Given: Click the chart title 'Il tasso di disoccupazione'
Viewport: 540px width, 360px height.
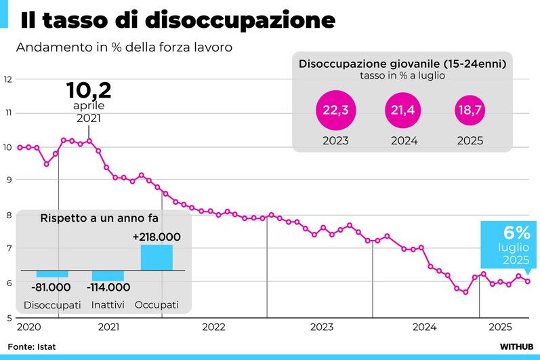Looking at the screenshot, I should (178, 20).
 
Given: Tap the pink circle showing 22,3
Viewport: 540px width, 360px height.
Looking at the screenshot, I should (335, 111).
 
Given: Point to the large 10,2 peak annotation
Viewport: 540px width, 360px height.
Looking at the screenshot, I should (88, 90).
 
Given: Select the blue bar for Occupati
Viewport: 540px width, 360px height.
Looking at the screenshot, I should (157, 258).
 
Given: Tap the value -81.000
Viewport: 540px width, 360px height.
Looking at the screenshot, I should (51, 287).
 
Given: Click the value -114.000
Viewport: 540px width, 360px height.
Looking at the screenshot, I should (108, 287).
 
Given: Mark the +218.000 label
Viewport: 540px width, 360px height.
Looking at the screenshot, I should (157, 237).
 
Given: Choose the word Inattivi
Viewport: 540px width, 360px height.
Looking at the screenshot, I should (108, 305).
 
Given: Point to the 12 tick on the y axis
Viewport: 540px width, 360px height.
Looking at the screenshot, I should (9, 79).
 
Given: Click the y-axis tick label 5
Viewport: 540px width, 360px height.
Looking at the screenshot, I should (7, 317).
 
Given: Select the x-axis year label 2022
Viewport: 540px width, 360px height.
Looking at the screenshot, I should (214, 327).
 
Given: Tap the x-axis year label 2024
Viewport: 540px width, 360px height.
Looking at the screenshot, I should (425, 327).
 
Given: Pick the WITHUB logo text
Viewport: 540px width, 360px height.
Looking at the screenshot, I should (517, 346).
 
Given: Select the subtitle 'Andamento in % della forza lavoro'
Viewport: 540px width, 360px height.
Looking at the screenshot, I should (125, 48).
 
